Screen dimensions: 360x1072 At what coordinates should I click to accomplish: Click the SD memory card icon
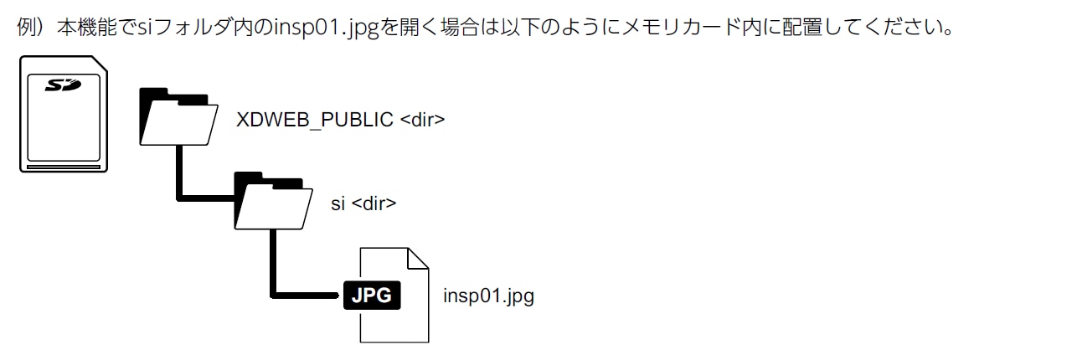(x=64, y=115)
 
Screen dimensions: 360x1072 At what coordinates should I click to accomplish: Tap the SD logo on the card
(x=63, y=85)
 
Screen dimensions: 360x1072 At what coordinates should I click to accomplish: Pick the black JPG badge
(x=372, y=296)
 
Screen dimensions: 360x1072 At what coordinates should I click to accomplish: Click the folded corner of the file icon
(x=416, y=260)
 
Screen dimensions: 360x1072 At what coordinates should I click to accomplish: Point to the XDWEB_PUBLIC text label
(x=315, y=120)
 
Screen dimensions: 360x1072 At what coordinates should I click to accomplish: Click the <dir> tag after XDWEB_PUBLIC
(x=422, y=120)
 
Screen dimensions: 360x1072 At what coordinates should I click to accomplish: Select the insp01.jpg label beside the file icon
(x=488, y=296)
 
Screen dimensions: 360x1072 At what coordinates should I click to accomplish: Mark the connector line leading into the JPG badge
(x=306, y=296)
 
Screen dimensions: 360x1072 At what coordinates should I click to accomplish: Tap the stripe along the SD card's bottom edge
(x=64, y=167)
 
